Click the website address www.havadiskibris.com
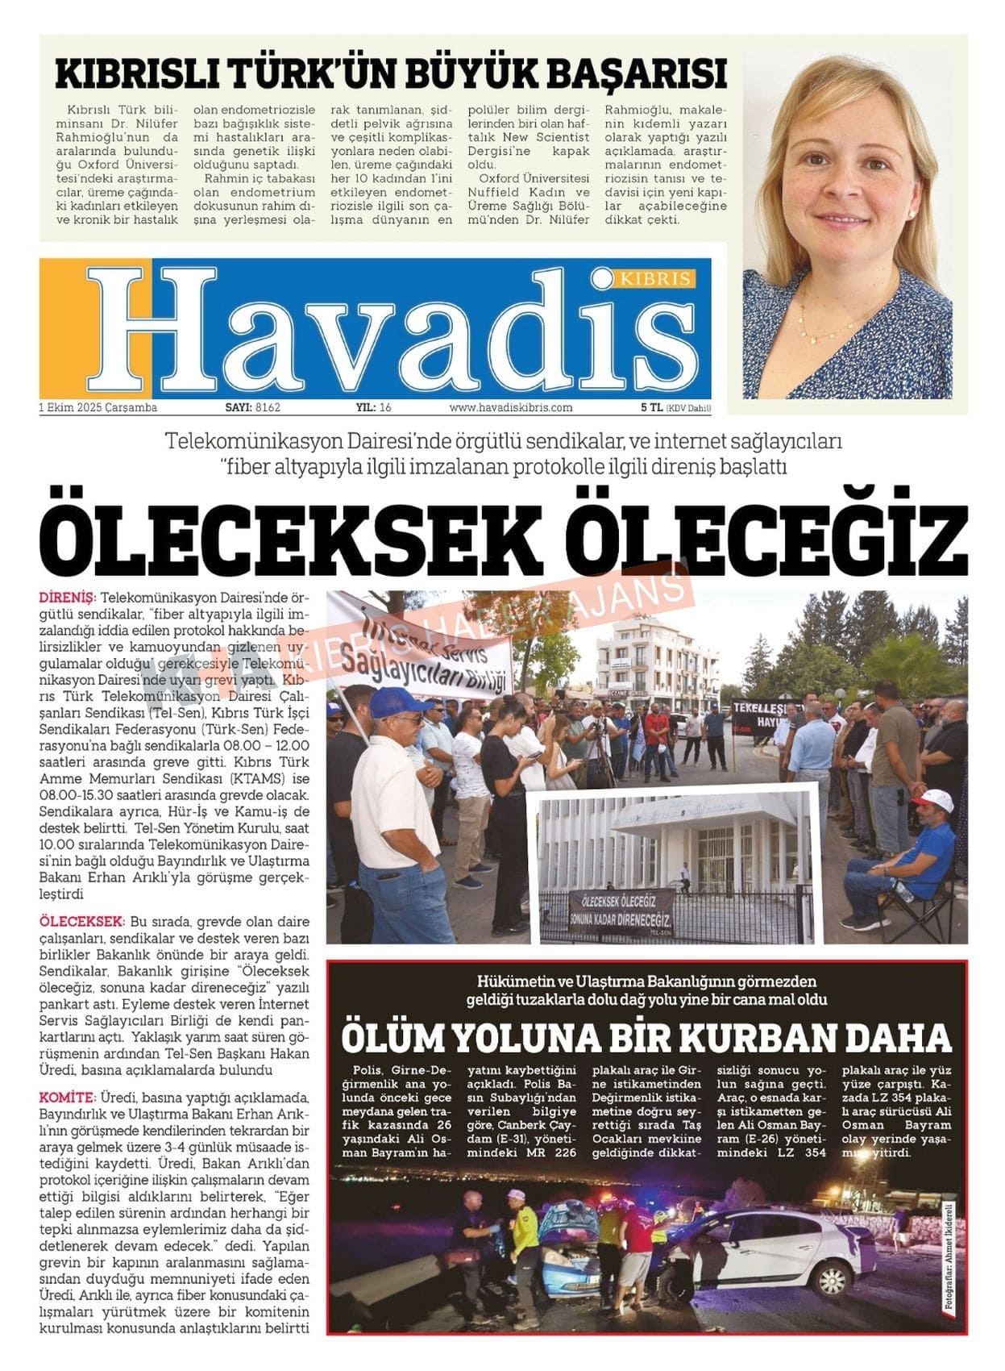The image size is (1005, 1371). [511, 408]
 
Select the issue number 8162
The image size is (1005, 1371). [268, 408]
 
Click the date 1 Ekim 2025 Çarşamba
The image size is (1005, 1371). [98, 408]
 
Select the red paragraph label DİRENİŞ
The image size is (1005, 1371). [67, 598]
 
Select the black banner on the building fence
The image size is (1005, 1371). [620, 908]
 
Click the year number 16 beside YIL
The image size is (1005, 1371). [384, 408]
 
